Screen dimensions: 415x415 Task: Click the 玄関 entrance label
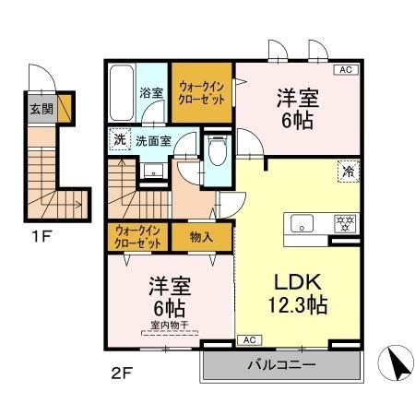pyautogui.click(x=41, y=108)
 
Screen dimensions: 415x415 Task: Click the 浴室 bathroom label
pyautogui.click(x=151, y=93)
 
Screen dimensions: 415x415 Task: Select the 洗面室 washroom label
pyautogui.click(x=153, y=141)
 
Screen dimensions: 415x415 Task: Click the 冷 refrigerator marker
pyautogui.click(x=349, y=171)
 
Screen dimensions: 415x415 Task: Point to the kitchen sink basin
pyautogui.click(x=303, y=222)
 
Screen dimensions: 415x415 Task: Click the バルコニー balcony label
pyautogui.click(x=281, y=365)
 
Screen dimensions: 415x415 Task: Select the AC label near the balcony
pyautogui.click(x=249, y=340)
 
